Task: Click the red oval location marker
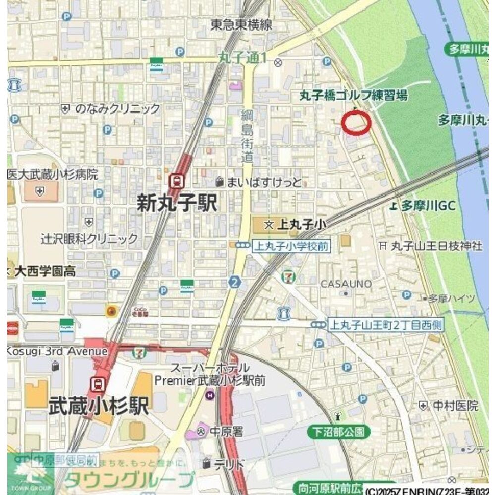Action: pyautogui.click(x=356, y=123)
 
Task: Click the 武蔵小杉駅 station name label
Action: pyautogui.click(x=99, y=406)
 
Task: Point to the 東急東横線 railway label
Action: pyautogui.click(x=241, y=25)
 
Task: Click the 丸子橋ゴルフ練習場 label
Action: pyautogui.click(x=353, y=96)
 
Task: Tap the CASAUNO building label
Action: pyautogui.click(x=346, y=284)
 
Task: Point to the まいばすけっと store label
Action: pyautogui.click(x=264, y=182)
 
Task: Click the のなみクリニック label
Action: pyautogui.click(x=117, y=109)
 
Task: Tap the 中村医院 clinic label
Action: pyautogui.click(x=455, y=406)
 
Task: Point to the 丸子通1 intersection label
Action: pyautogui.click(x=243, y=58)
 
